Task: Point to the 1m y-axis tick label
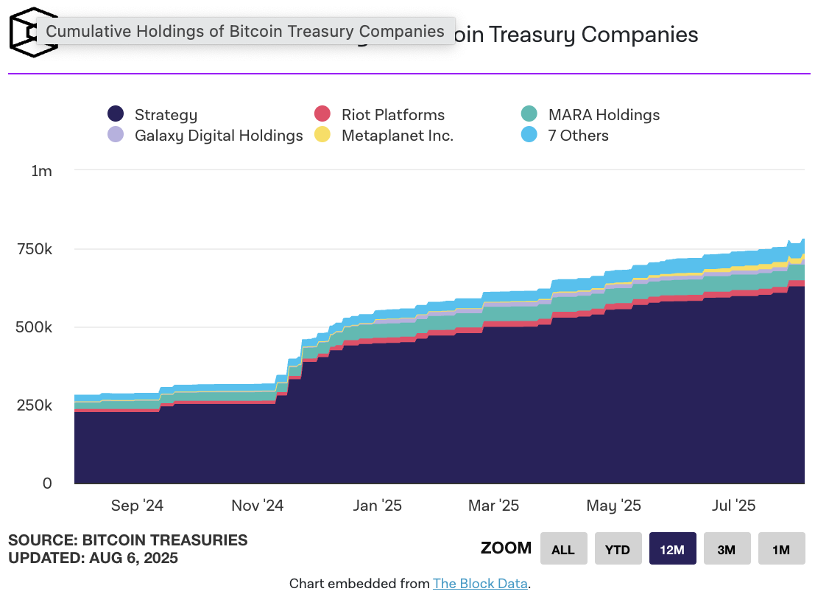pos(42,171)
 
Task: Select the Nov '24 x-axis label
pos(258,506)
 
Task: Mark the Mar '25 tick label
pos(493,506)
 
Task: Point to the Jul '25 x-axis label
pos(733,506)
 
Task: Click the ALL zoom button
pos(563,549)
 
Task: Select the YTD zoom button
pos(618,549)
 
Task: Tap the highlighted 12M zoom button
pos(672,549)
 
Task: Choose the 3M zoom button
pos(727,549)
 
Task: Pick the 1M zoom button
pos(781,549)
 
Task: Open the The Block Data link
pos(480,584)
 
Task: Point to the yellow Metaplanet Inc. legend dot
pos(322,136)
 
